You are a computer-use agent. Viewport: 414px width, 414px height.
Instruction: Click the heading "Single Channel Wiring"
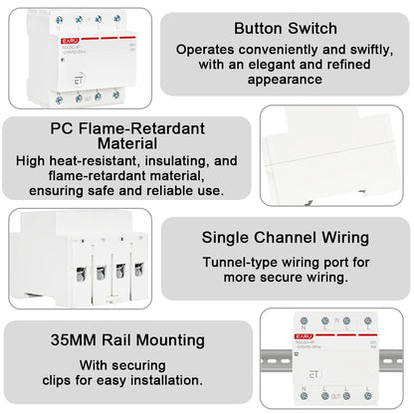285,238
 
